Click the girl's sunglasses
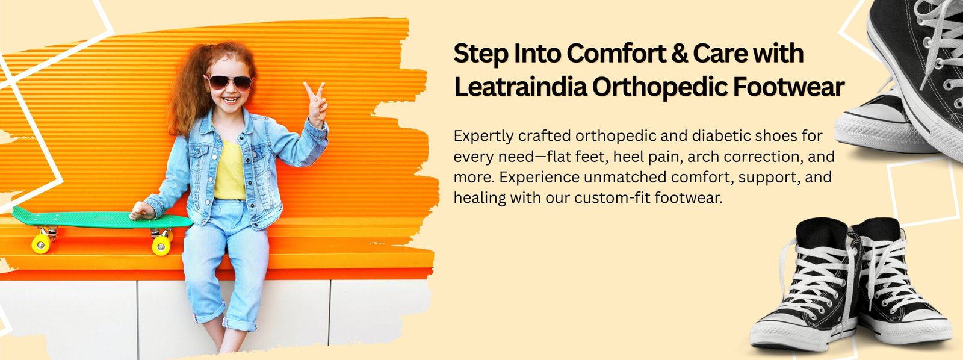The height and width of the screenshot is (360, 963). click(x=228, y=82)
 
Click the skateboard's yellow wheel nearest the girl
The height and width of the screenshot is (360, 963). click(x=161, y=245)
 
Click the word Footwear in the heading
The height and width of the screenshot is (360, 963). click(x=789, y=87)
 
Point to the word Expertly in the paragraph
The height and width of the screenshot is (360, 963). click(x=483, y=137)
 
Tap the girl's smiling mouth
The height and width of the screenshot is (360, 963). click(x=231, y=100)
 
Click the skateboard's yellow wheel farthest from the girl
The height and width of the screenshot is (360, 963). click(x=41, y=244)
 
